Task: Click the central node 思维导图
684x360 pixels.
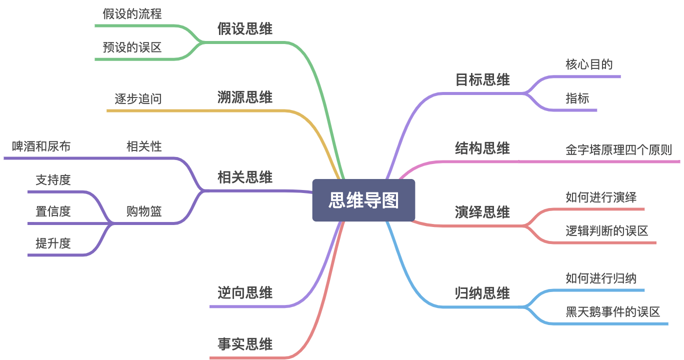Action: click(x=363, y=200)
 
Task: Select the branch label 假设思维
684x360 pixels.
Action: click(x=245, y=29)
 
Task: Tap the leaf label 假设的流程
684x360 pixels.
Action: click(x=132, y=14)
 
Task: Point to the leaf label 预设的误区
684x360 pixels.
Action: click(x=132, y=47)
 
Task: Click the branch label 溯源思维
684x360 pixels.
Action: click(x=245, y=97)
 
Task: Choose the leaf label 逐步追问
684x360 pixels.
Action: click(x=138, y=98)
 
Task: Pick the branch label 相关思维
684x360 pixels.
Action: click(x=245, y=177)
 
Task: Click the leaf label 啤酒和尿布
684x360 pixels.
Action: click(x=41, y=146)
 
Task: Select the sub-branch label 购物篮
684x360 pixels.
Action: click(x=144, y=211)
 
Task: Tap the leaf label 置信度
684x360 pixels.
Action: click(x=53, y=211)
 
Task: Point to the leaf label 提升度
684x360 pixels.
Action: click(x=53, y=243)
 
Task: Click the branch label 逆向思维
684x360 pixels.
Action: click(x=245, y=293)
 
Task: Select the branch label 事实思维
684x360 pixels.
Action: click(x=245, y=344)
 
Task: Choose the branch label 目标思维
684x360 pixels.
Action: click(x=482, y=80)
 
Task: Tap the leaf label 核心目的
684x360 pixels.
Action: click(x=589, y=64)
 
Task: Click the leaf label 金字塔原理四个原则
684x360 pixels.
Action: click(x=618, y=150)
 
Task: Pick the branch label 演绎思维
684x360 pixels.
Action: click(x=482, y=212)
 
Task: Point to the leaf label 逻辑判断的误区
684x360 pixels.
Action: click(x=606, y=231)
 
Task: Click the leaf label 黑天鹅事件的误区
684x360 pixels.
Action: click(x=612, y=312)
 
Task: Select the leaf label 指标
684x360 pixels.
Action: click(x=577, y=98)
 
